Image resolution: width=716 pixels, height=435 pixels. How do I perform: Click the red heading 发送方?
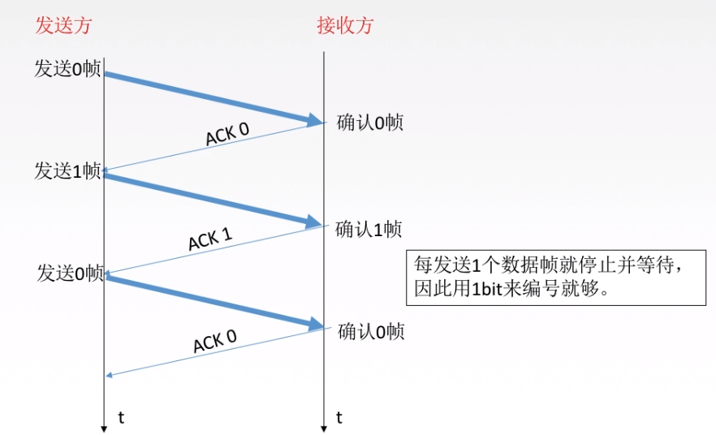pyautogui.click(x=63, y=25)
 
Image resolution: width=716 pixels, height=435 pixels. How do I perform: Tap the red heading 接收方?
pyautogui.click(x=344, y=25)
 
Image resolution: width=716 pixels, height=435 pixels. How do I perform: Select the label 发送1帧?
pyautogui.click(x=67, y=170)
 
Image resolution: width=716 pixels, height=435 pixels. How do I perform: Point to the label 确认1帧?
pyautogui.click(x=369, y=228)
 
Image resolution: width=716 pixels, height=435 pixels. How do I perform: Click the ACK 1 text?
pyautogui.click(x=210, y=239)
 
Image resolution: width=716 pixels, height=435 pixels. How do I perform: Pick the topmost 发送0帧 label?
pyautogui.click(x=67, y=68)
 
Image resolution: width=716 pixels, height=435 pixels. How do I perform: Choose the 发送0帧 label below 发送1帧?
pyautogui.click(x=70, y=273)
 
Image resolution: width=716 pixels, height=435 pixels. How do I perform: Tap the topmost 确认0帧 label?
pyautogui.click(x=370, y=123)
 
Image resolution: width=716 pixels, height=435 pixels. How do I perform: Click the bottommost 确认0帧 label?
pyautogui.click(x=371, y=331)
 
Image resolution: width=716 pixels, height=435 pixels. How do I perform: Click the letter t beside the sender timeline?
pyautogui.click(x=121, y=417)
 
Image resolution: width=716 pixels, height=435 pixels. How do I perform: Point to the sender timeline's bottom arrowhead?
pyautogui.click(x=105, y=427)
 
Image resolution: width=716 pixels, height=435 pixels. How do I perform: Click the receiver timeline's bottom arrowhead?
pyautogui.click(x=324, y=427)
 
